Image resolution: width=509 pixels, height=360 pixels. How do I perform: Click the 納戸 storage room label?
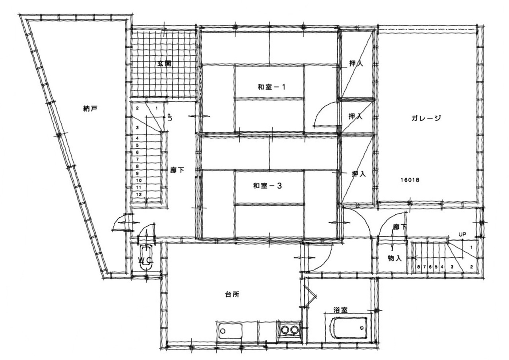point(90,109)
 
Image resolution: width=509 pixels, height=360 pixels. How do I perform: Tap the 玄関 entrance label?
point(164,64)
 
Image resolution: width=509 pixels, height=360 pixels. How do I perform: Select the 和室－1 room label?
point(271,87)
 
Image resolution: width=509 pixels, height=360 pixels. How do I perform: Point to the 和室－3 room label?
point(268,186)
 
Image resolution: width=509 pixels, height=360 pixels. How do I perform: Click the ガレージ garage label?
point(426,118)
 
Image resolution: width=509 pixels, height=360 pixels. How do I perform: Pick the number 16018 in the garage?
point(410,180)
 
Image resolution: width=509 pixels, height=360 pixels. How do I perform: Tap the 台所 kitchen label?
point(232,295)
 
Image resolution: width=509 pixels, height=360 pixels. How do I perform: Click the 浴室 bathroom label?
point(340,310)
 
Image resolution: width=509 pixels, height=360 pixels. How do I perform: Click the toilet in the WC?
point(146,257)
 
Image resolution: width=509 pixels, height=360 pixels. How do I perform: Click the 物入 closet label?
point(394,258)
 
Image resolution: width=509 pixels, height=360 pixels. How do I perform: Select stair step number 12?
point(139,194)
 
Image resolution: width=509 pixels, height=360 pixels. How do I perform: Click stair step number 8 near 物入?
point(418,267)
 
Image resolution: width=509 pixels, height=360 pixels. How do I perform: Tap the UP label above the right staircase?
point(462,234)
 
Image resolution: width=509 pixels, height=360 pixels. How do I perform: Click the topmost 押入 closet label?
point(356,63)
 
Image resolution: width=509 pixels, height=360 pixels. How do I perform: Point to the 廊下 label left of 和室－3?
point(177,170)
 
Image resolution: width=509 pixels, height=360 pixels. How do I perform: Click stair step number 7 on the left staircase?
point(137,160)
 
